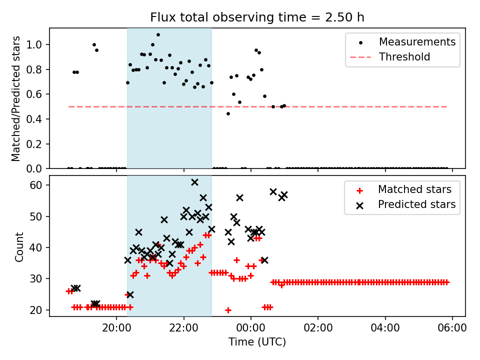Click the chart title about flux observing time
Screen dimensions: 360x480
point(257,17)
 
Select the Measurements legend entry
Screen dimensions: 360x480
point(417,41)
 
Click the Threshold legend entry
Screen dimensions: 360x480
point(404,57)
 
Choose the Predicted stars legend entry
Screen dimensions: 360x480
point(416,204)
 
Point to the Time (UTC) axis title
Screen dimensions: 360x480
point(257,342)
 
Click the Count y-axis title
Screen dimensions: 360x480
point(19,246)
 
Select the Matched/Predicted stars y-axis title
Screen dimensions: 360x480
point(16,98)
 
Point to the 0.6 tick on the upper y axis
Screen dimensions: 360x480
point(37,94)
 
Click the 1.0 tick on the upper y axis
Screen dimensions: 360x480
point(37,44)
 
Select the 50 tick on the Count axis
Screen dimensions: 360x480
point(39,216)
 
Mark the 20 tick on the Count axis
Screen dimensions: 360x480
point(39,310)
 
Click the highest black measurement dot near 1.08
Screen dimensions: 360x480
point(158,35)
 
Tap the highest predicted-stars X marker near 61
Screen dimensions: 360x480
point(194,182)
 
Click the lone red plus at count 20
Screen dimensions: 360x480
point(228,310)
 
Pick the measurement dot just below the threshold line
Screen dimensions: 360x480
point(228,113)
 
